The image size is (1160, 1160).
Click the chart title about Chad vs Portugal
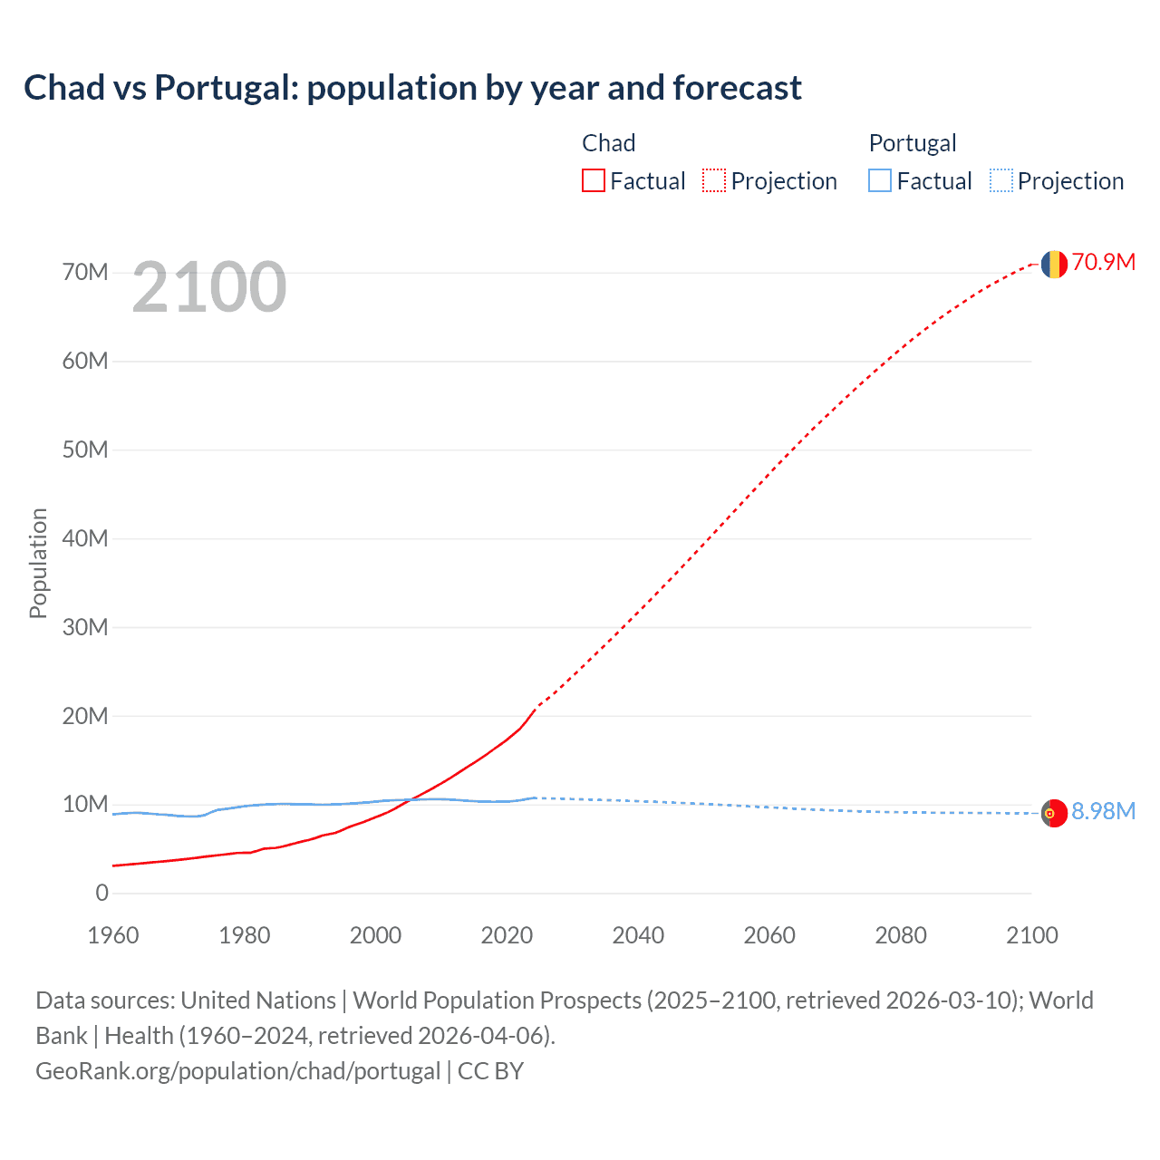pyautogui.click(x=412, y=88)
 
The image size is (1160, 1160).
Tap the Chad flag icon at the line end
pyautogui.click(x=1053, y=264)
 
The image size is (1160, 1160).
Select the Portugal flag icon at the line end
pyautogui.click(x=1053, y=814)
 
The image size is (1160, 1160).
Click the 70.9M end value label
pyautogui.click(x=1104, y=263)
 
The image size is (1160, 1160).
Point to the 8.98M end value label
pyautogui.click(x=1104, y=811)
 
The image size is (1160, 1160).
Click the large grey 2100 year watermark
pyautogui.click(x=209, y=288)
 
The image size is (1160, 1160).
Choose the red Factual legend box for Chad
pyautogui.click(x=594, y=181)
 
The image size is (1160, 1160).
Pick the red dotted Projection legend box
pyautogui.click(x=714, y=181)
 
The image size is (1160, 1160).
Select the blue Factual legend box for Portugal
pyautogui.click(x=880, y=181)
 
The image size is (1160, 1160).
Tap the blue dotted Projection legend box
pyautogui.click(x=1001, y=181)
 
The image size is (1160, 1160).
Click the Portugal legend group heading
pyautogui.click(x=913, y=143)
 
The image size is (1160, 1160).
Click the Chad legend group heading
pyautogui.click(x=608, y=143)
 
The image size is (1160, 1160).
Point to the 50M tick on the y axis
pyautogui.click(x=85, y=450)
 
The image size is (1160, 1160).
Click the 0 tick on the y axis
pyautogui.click(x=101, y=894)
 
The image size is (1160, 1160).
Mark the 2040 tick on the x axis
pyautogui.click(x=638, y=935)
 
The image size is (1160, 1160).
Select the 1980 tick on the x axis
pyautogui.click(x=245, y=935)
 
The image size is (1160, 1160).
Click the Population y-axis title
pyautogui.click(x=38, y=563)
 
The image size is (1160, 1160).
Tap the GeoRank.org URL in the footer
pyautogui.click(x=237, y=1071)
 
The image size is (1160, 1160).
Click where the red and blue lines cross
pyautogui.click(x=412, y=799)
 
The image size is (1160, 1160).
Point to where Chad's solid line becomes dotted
pyautogui.click(x=536, y=707)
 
